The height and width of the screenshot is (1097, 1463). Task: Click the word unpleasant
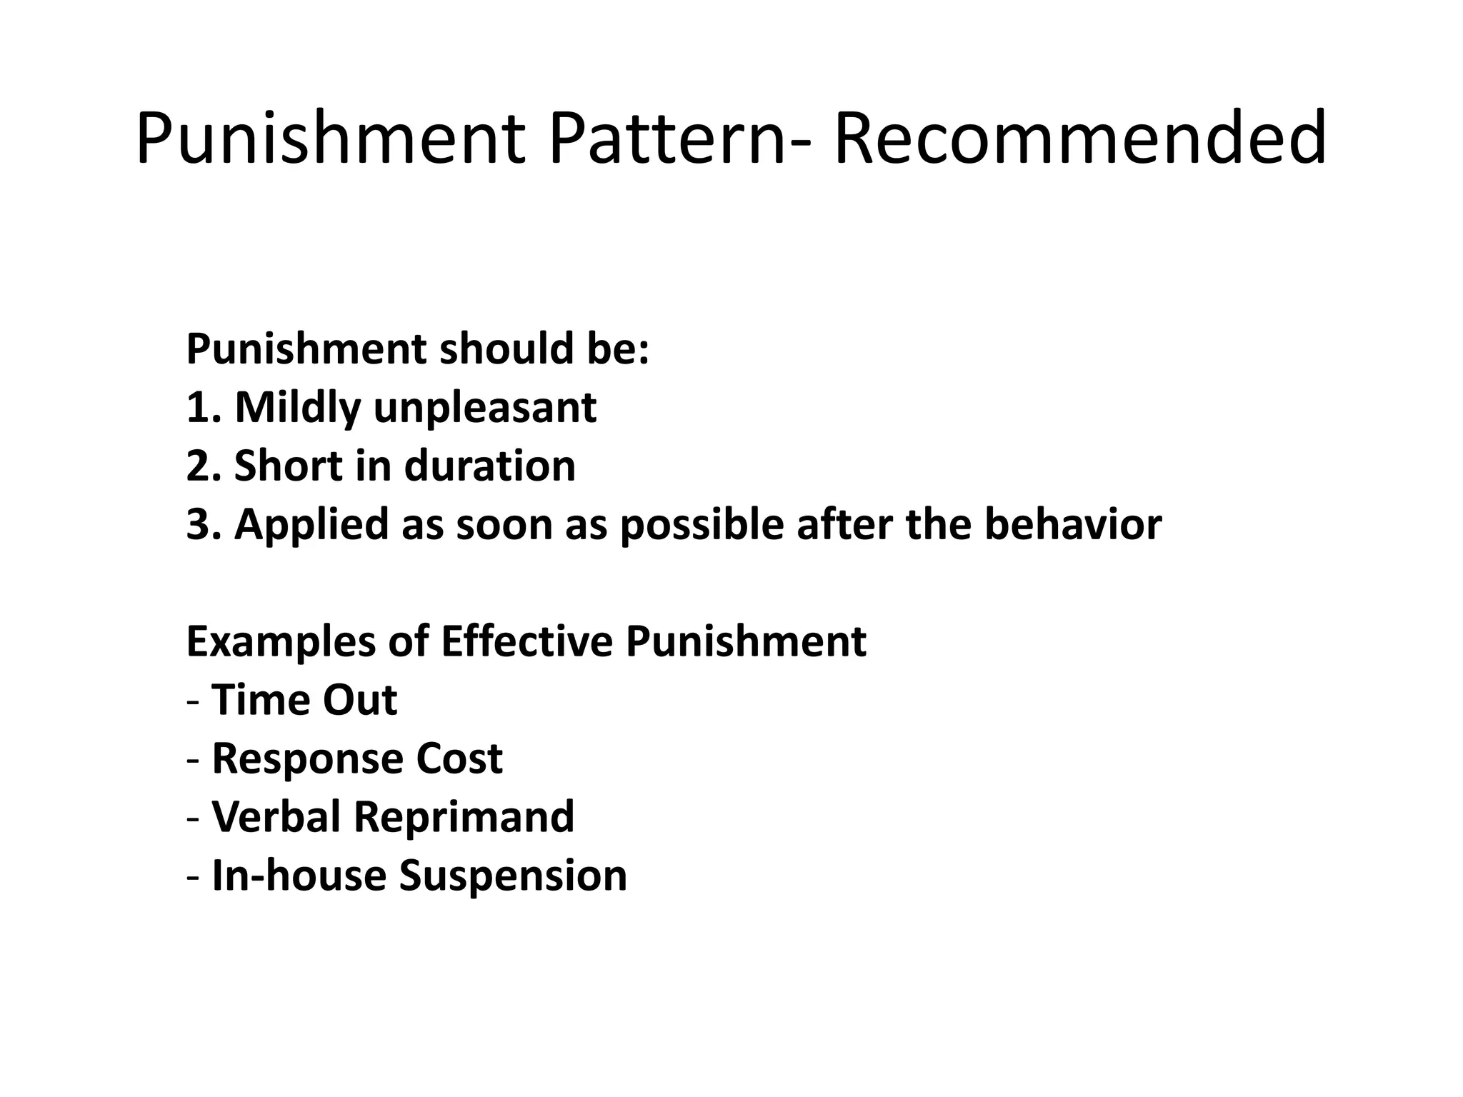(485, 409)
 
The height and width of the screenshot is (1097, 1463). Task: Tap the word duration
(489, 466)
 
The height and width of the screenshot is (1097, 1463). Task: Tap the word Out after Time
(359, 700)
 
